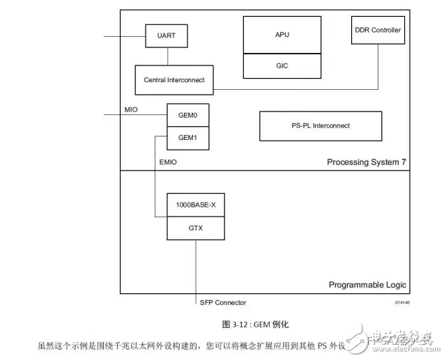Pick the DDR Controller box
pyautogui.click(x=378, y=30)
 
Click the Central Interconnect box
pyautogui.click(x=174, y=80)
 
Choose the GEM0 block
pyautogui.click(x=188, y=116)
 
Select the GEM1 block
pyautogui.click(x=188, y=137)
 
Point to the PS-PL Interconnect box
pyautogui.click(x=321, y=126)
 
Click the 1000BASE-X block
pyautogui.click(x=196, y=205)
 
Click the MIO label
pyautogui.click(x=131, y=109)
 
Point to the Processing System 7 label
pyautogui.click(x=367, y=162)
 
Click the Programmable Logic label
pyautogui.click(x=367, y=285)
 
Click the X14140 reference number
pyautogui.click(x=402, y=304)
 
